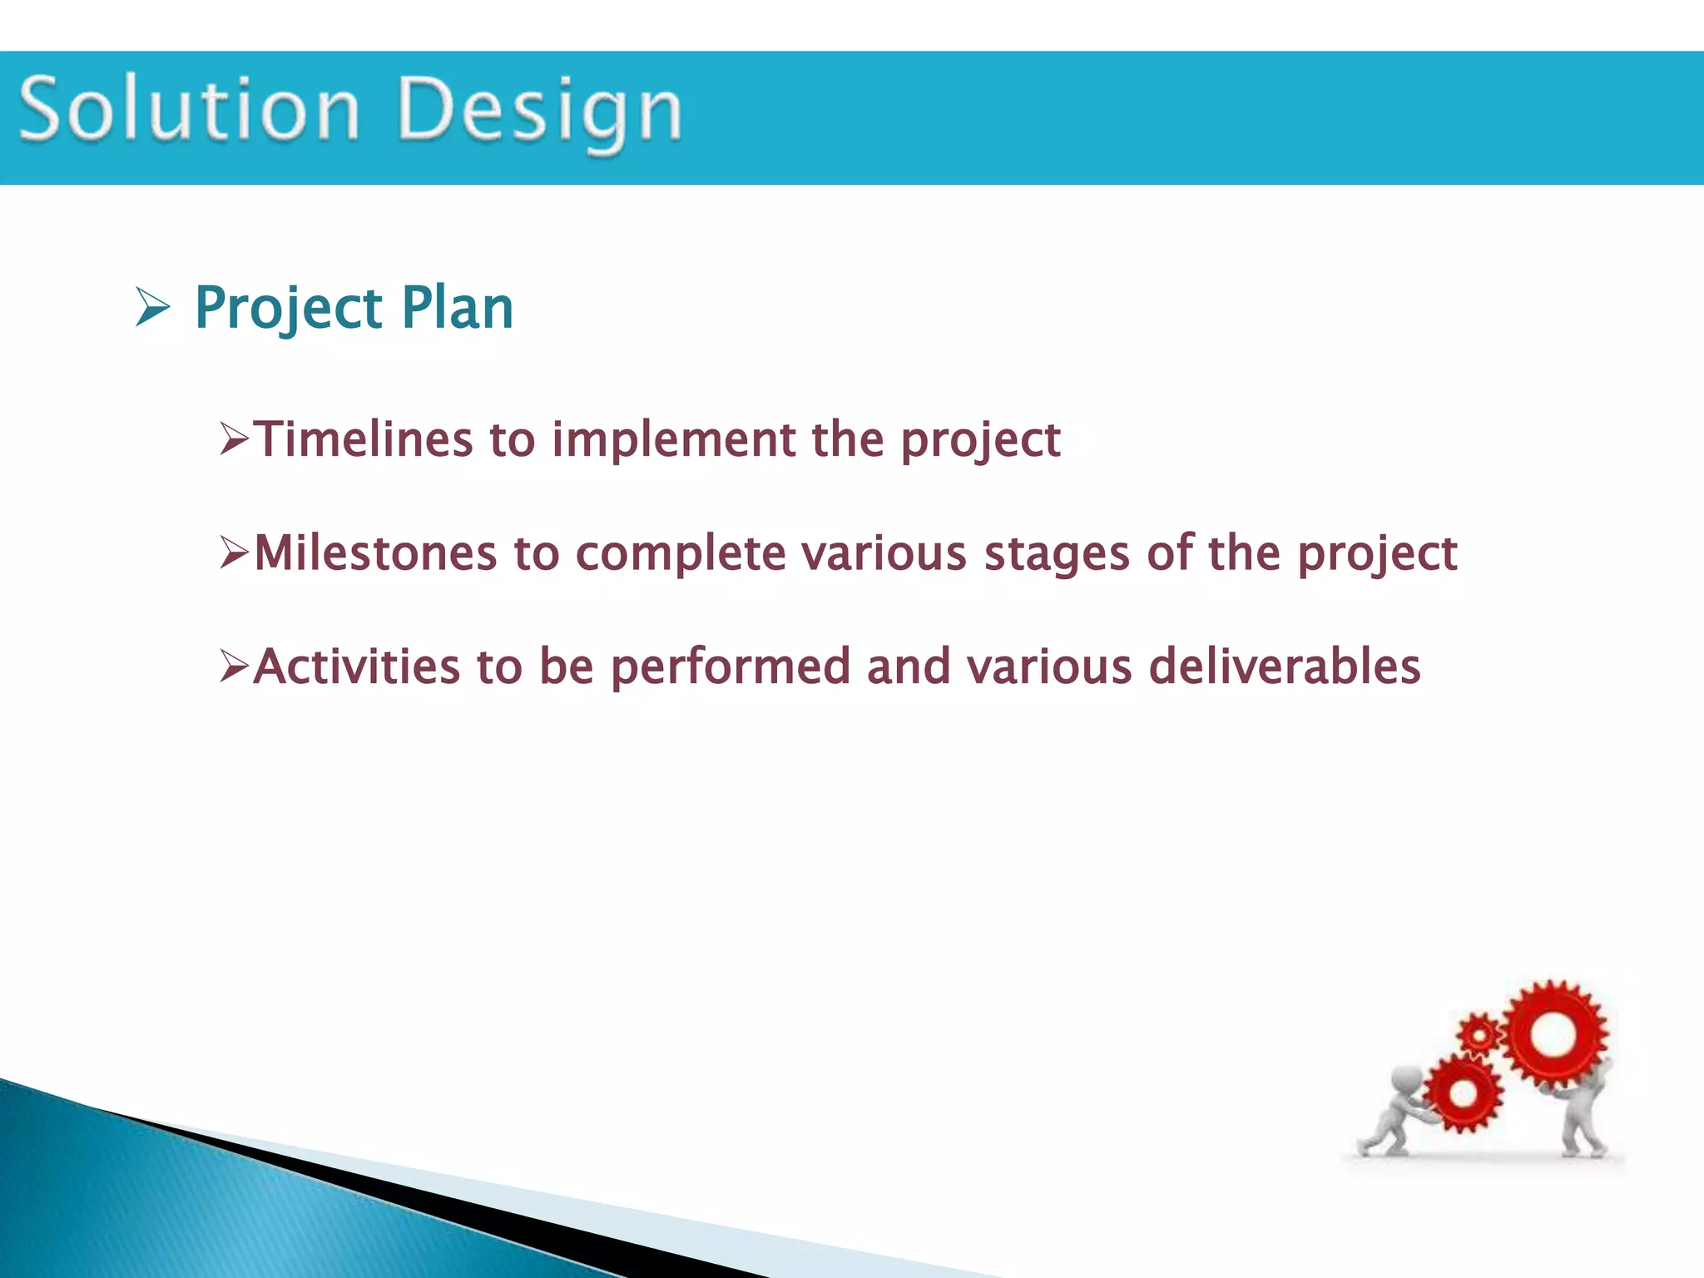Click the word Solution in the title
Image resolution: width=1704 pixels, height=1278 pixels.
(x=190, y=109)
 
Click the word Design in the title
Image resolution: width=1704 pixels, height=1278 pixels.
(x=540, y=112)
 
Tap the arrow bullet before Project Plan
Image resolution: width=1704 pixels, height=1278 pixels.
(x=152, y=309)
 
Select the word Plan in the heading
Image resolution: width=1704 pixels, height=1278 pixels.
(x=457, y=308)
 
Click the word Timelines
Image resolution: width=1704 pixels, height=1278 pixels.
(x=363, y=439)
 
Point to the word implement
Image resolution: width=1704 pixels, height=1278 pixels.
(x=674, y=439)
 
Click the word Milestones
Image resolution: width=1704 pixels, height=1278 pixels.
(x=375, y=553)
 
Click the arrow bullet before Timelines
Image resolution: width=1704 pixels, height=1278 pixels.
(x=235, y=439)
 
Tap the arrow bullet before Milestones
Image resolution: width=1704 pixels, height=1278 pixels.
(x=235, y=552)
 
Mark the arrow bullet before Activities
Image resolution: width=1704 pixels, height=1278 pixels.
(x=235, y=666)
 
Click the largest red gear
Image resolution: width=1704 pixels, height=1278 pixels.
(x=1553, y=1034)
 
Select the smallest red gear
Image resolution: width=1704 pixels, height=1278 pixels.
(x=1479, y=1035)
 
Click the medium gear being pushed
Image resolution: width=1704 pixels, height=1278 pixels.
(x=1463, y=1092)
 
